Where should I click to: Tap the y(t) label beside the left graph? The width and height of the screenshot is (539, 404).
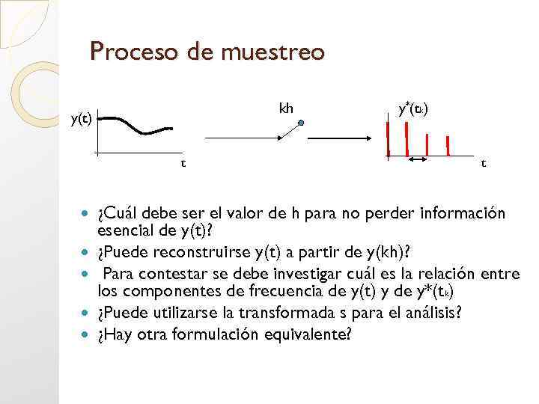coord(81,118)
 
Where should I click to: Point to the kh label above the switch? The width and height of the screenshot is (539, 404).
coord(286,108)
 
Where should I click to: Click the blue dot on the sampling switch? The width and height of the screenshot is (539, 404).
coord(300,123)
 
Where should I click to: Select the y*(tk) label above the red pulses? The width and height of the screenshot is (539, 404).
coord(412,109)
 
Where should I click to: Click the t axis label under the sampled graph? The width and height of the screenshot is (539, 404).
coord(483,162)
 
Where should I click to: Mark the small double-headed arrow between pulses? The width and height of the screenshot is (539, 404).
coord(417,159)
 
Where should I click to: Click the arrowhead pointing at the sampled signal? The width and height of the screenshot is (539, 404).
coord(368,138)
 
